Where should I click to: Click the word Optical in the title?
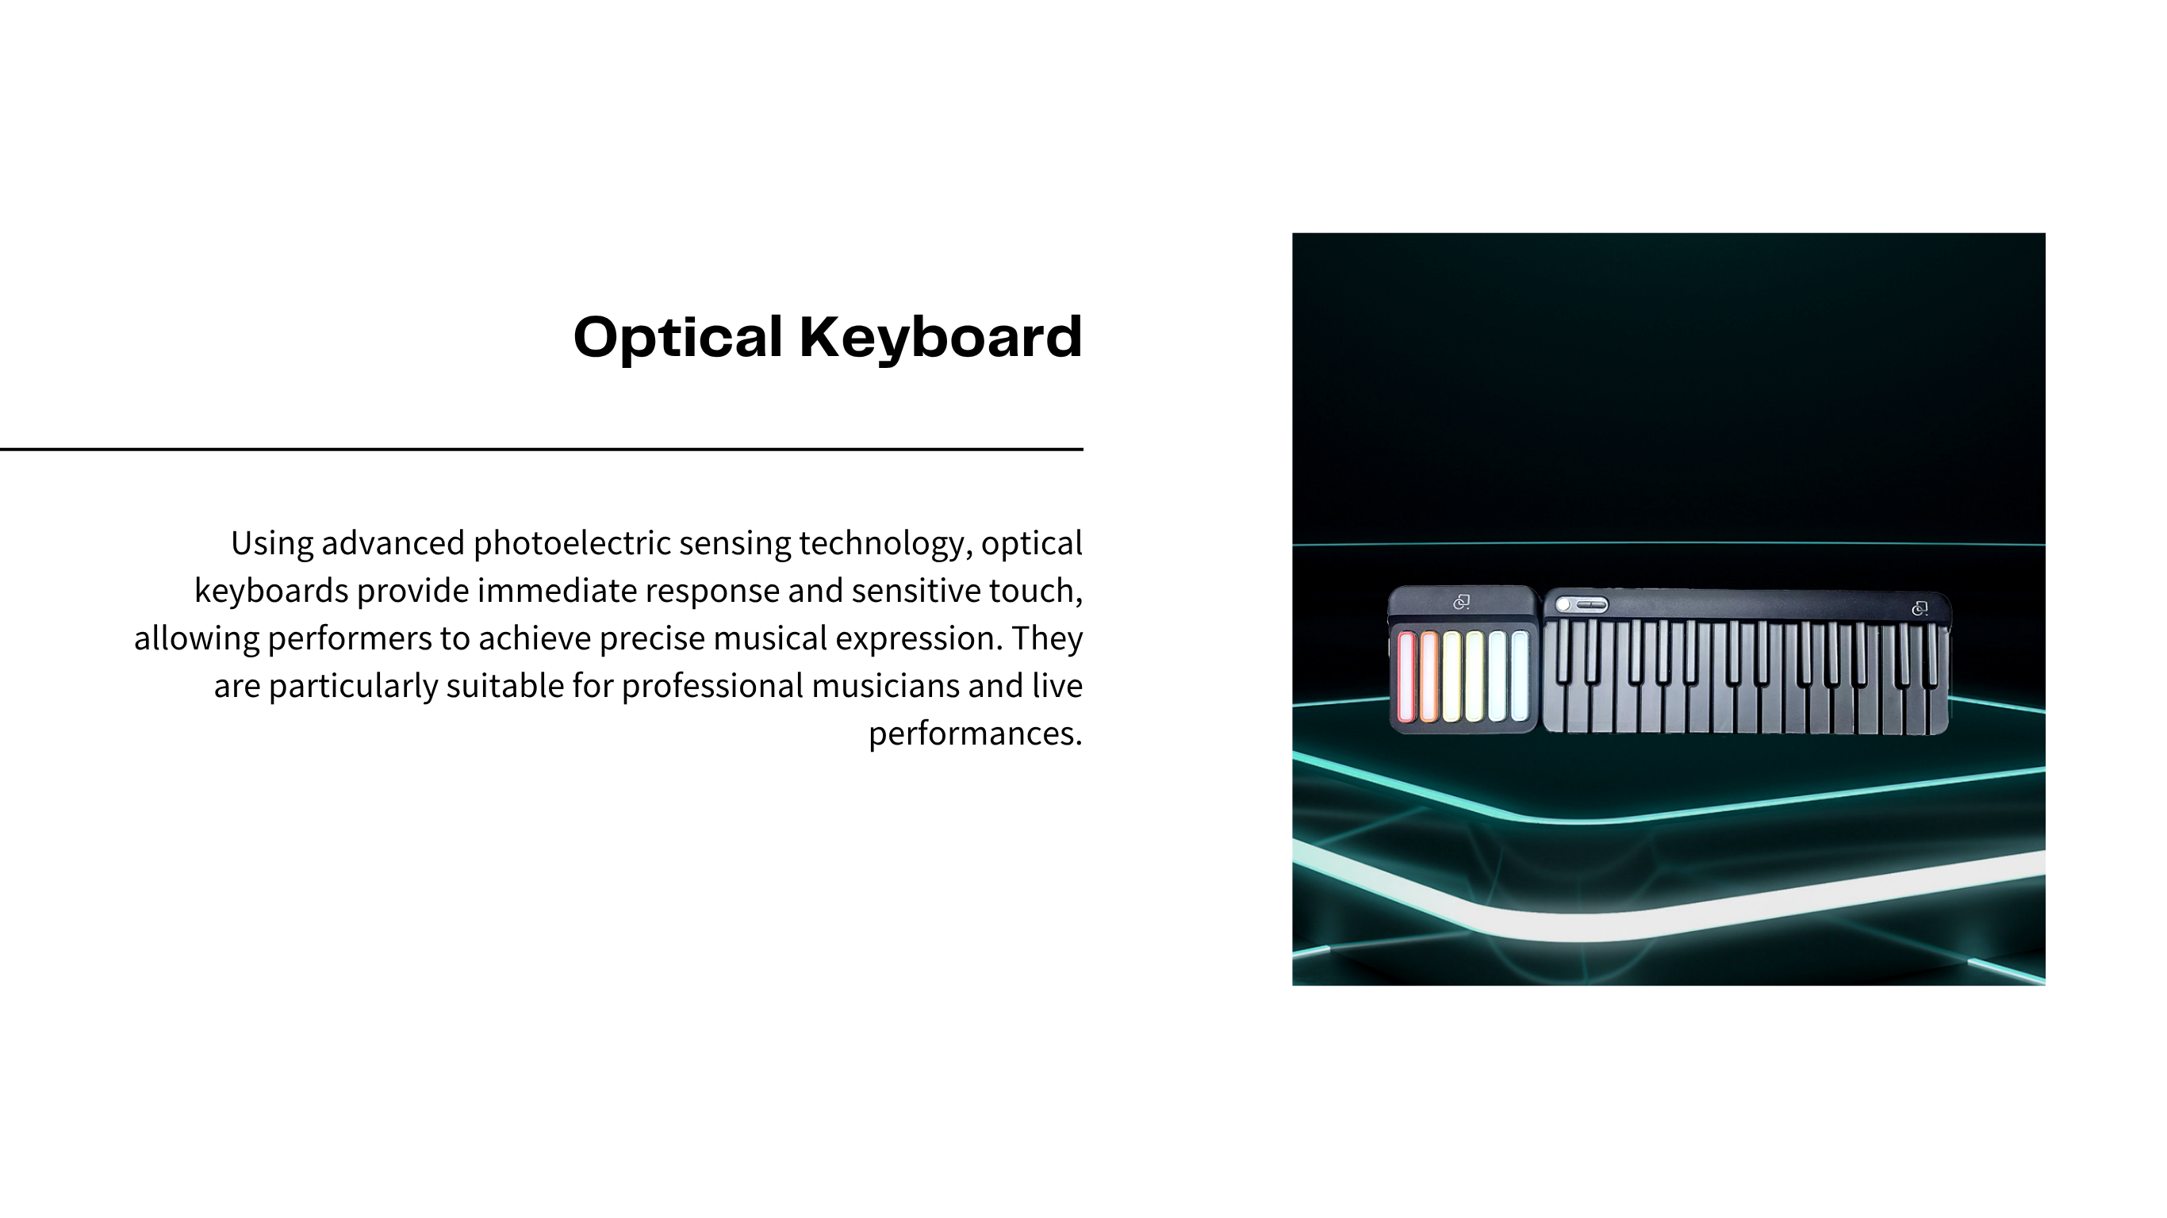[678, 338]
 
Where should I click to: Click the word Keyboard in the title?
[941, 336]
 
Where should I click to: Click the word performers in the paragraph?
[349, 639]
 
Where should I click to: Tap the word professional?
[712, 687]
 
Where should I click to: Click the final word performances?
[975, 734]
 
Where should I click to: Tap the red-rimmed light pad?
[1406, 676]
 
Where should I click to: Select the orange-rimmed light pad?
[1429, 676]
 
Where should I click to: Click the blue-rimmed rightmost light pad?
[1519, 676]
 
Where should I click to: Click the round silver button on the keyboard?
[1564, 605]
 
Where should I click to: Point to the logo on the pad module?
[1461, 603]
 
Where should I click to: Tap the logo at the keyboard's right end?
[1920, 608]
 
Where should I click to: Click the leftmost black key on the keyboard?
[1564, 653]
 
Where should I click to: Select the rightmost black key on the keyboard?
[1930, 653]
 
